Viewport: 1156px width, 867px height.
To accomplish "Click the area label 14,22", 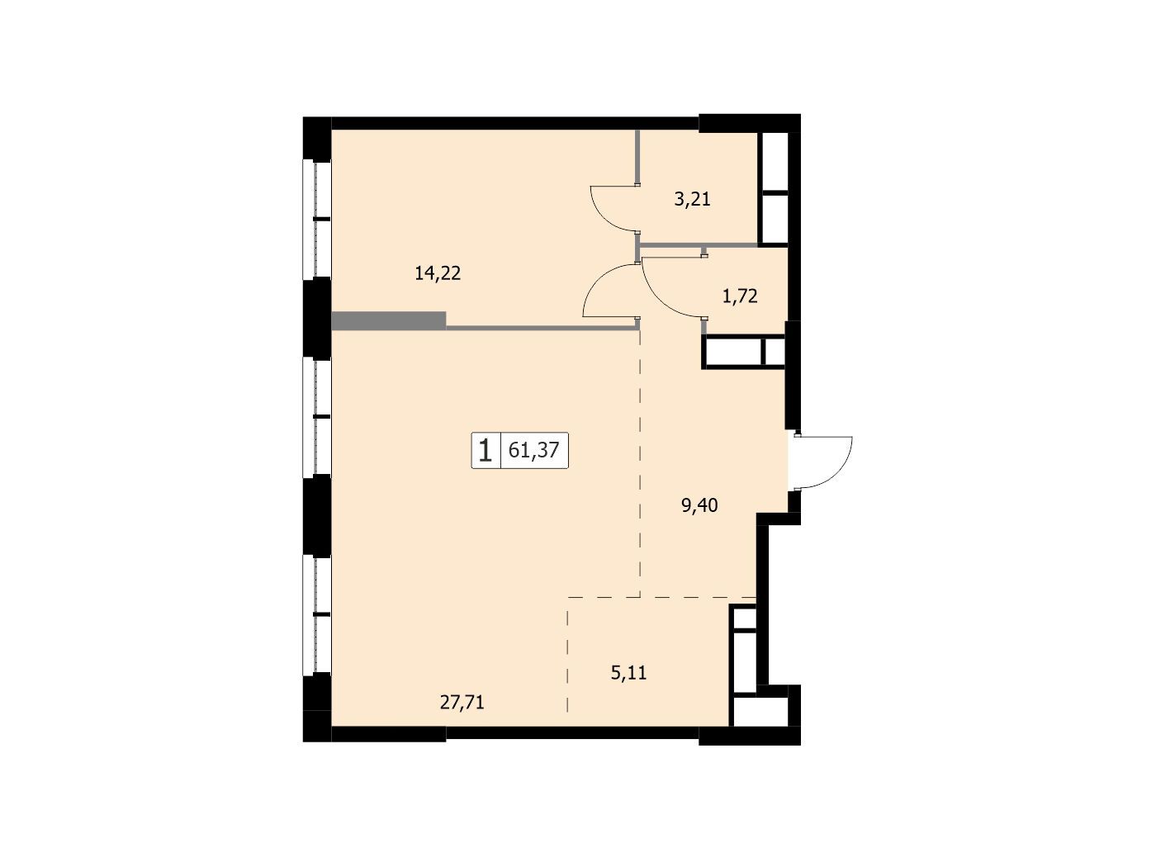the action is point(438,273).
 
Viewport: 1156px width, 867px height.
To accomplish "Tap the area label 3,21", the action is point(692,200).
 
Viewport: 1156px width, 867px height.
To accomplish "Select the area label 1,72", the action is point(739,297).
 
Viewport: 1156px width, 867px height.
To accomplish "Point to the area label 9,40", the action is point(699,505).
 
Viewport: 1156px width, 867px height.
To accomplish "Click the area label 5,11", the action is point(628,673).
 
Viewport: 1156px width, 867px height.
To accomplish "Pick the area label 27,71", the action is point(462,702).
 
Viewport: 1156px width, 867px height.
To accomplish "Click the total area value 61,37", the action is point(533,451).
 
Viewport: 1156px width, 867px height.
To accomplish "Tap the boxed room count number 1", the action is point(485,451).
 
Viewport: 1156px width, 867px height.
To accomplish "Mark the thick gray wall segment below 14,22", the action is point(389,320).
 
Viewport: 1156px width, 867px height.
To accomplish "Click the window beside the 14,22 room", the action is point(316,219).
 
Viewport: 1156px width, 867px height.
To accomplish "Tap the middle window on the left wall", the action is point(316,416).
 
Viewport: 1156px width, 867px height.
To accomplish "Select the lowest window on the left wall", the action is point(316,614).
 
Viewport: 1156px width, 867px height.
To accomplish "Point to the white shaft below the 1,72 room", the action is point(744,351).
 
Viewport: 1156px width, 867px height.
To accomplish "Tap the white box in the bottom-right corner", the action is point(760,711).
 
